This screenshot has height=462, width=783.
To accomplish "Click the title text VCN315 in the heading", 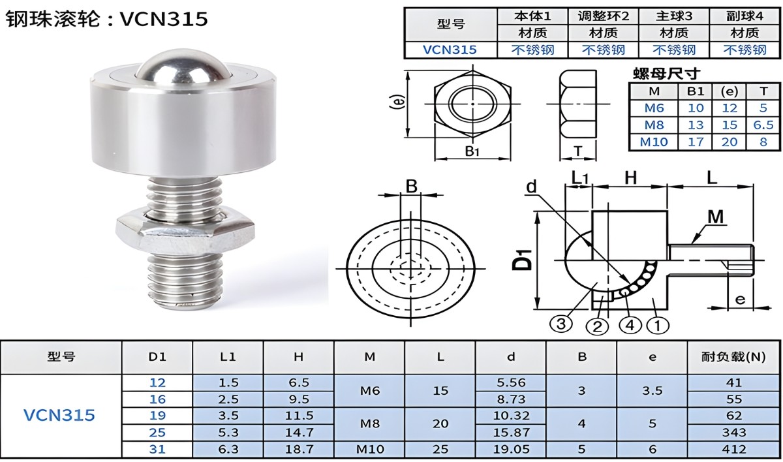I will (164, 19).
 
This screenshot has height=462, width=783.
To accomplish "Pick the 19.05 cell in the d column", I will (510, 449).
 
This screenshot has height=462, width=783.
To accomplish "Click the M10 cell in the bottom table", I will (369, 449).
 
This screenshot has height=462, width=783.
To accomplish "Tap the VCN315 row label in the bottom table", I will (59, 415).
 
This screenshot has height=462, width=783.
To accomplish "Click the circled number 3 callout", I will (560, 322).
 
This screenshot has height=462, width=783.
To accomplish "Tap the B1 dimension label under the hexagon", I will (472, 151).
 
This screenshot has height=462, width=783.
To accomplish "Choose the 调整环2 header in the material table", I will (603, 16).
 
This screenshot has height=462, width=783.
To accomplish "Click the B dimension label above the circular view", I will (411, 187).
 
